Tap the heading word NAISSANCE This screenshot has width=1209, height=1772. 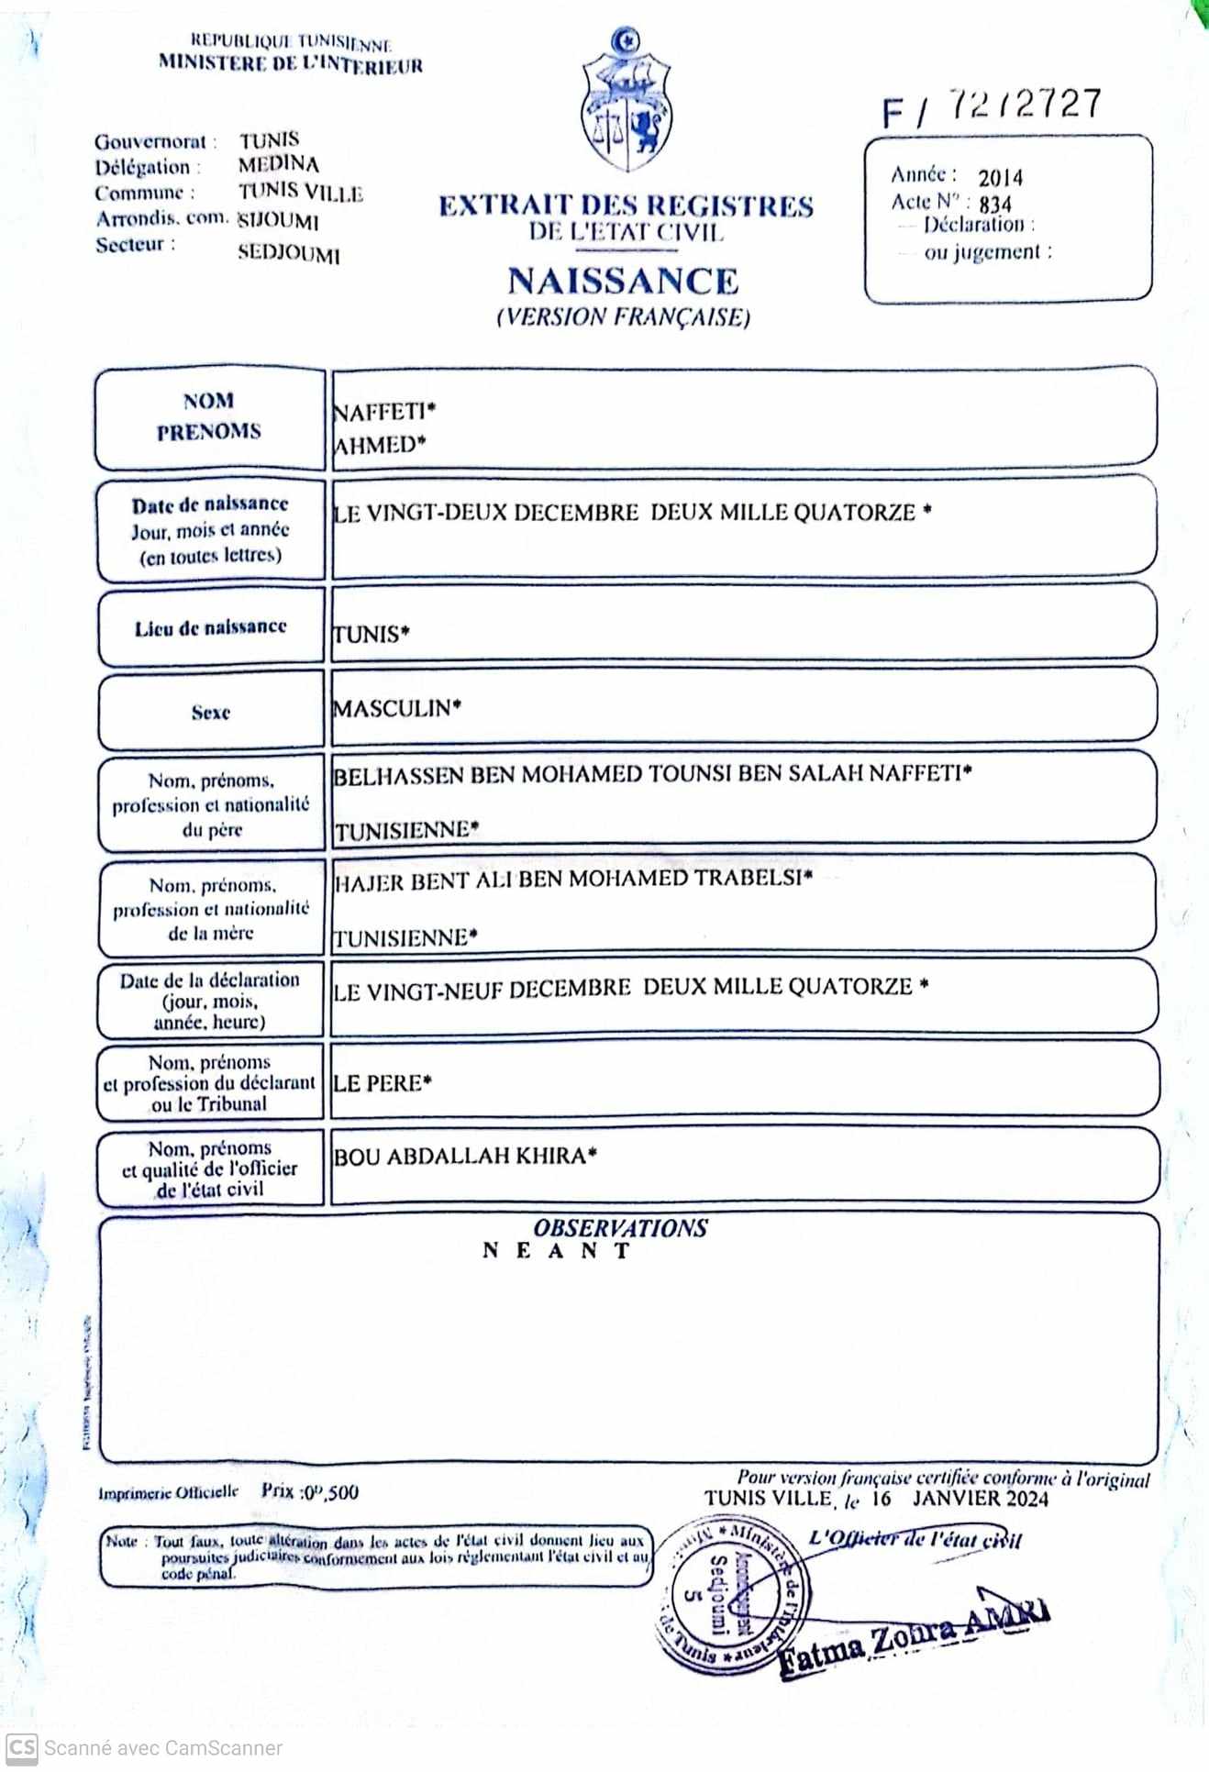pyautogui.click(x=623, y=281)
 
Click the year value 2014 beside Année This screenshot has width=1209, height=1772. pyautogui.click(x=1000, y=178)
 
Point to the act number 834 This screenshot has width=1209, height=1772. pyautogui.click(x=995, y=204)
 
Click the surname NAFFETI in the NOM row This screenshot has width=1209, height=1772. pyautogui.click(x=380, y=412)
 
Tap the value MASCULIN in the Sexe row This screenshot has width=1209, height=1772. pyautogui.click(x=393, y=708)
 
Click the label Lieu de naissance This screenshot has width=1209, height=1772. pyautogui.click(x=210, y=627)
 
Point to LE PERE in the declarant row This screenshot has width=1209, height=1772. pyautogui.click(x=378, y=1083)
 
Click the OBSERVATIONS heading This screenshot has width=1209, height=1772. pyautogui.click(x=620, y=1228)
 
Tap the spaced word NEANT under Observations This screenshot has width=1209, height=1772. pyautogui.click(x=556, y=1251)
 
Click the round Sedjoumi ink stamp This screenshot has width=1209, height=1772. pyautogui.click(x=728, y=1597)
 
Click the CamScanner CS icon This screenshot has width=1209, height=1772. pyautogui.click(x=22, y=1747)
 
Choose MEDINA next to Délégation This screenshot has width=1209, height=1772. pyautogui.click(x=279, y=165)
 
